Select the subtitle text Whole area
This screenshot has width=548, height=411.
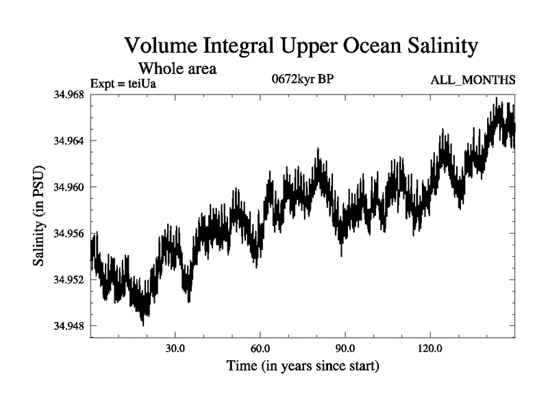177,68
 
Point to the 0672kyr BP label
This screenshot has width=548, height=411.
302,78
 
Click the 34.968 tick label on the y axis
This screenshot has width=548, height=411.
68,95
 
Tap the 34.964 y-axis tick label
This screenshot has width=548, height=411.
68,140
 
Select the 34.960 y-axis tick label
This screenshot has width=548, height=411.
68,187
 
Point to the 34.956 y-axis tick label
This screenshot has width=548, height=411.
68,234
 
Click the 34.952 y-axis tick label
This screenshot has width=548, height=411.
68,279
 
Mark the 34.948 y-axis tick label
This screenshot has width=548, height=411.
68,326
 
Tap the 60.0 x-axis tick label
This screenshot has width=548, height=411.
260,348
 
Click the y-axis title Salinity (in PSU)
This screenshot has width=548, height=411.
40,215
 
